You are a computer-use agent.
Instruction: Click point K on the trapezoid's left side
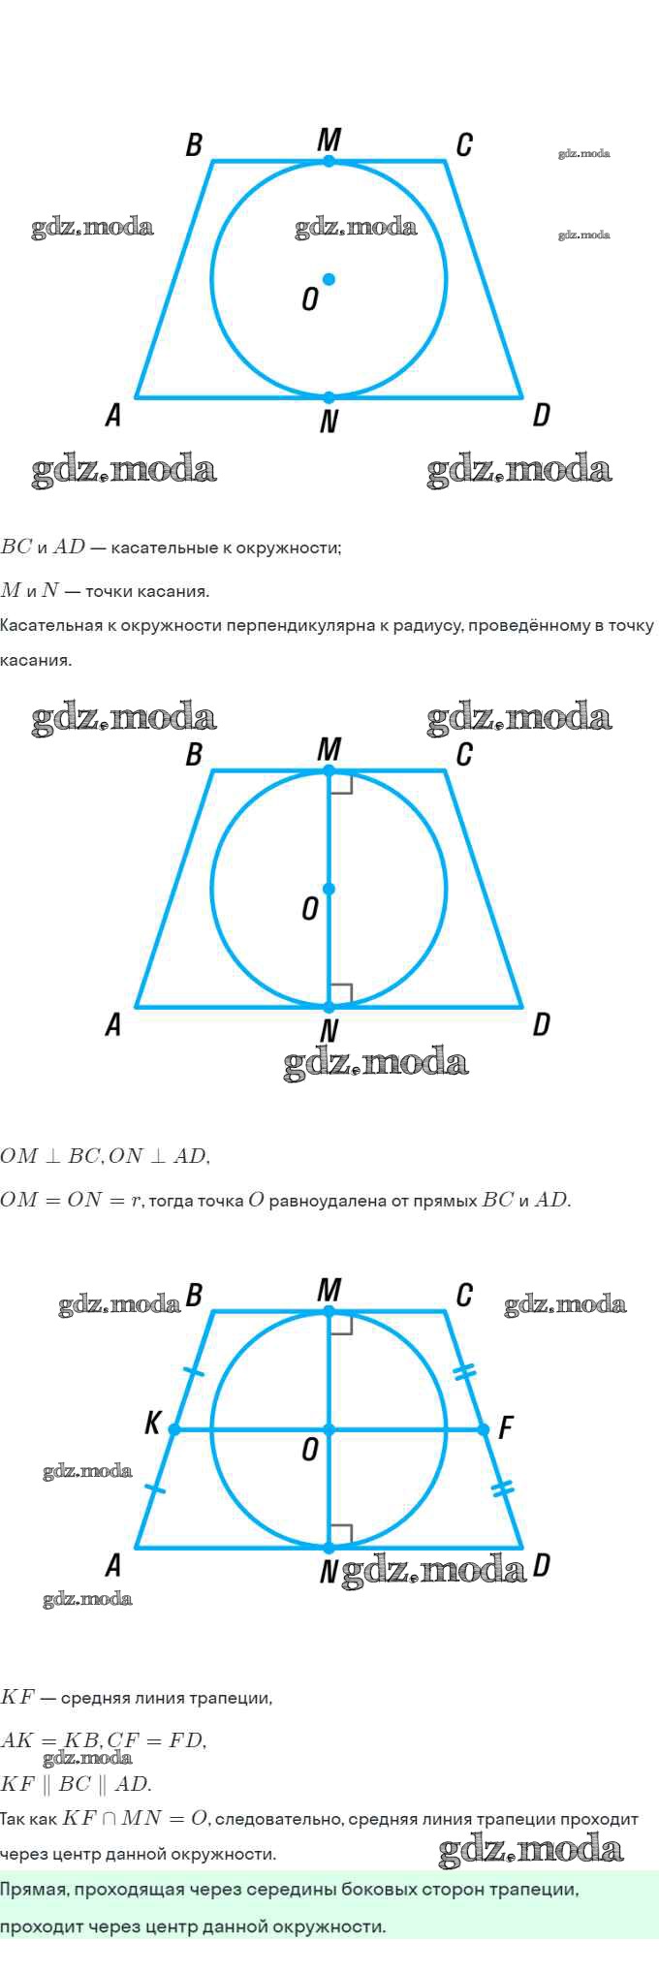click(x=174, y=1429)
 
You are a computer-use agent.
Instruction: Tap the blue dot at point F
click(x=484, y=1429)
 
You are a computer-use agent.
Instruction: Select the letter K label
click(x=152, y=1423)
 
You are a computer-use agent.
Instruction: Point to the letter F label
click(x=505, y=1427)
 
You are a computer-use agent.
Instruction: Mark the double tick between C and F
click(x=465, y=1371)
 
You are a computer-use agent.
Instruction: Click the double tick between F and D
click(x=503, y=1489)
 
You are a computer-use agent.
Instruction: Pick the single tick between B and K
click(x=194, y=1372)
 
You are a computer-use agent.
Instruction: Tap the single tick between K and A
click(x=155, y=1488)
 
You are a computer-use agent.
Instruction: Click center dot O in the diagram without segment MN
click(x=329, y=279)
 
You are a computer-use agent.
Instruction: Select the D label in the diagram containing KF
click(x=542, y=1565)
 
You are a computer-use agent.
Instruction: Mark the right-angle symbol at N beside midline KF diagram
click(x=340, y=1535)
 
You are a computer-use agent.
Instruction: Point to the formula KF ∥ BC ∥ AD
click(x=77, y=1783)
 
